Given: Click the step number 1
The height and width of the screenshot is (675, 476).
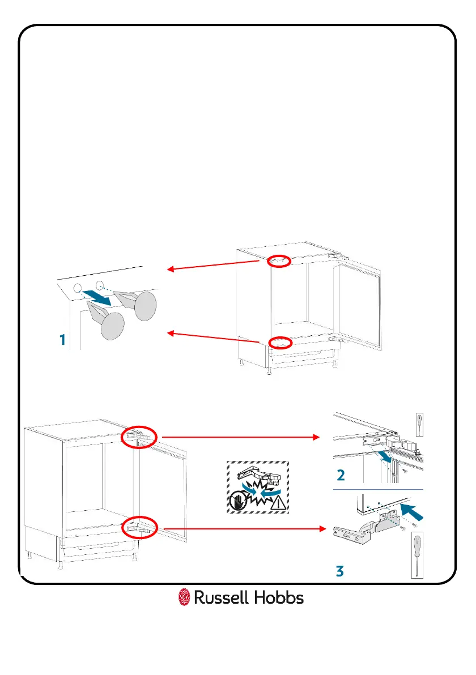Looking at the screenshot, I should [x=62, y=340].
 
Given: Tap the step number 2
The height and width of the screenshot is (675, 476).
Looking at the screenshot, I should [x=340, y=473].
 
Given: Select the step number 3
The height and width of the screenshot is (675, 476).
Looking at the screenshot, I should [x=339, y=571].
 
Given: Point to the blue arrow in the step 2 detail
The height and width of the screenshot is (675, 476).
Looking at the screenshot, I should [x=385, y=456].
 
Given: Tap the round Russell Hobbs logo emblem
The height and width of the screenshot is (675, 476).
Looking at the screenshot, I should [x=184, y=597].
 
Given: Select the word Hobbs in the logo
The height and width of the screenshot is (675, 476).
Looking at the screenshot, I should [x=279, y=597].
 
